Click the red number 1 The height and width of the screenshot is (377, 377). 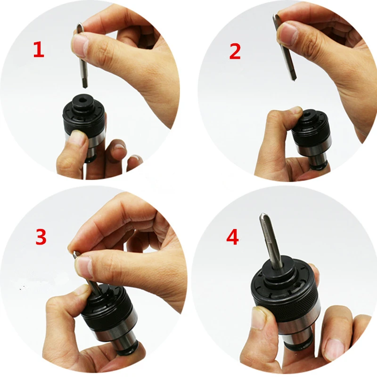pos(39,49)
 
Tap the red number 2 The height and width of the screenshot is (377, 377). pos(235,51)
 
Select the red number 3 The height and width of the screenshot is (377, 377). pos(41,237)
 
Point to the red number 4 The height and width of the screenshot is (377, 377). pos(232,237)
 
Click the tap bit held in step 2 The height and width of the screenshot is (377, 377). pos(286,48)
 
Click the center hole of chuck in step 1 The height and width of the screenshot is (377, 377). pos(83,99)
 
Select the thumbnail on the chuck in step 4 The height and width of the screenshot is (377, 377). pos(257,318)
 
